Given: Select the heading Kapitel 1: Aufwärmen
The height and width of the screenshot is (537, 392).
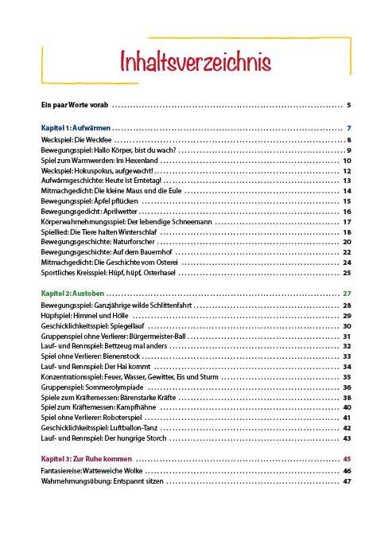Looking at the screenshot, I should [76, 128].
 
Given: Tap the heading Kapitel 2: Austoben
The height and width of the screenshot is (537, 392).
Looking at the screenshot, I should [73, 294].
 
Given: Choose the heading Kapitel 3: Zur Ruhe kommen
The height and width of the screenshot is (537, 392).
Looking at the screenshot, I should [87, 459].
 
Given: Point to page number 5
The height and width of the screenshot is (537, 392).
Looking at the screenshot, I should [348, 105].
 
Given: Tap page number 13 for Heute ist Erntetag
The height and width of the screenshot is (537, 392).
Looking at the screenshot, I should [347, 181].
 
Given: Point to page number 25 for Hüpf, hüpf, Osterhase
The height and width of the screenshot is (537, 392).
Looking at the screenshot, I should [347, 272].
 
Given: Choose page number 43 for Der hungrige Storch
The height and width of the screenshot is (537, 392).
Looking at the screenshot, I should [347, 438].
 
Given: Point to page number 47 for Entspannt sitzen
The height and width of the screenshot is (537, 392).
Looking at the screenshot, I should [347, 481].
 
